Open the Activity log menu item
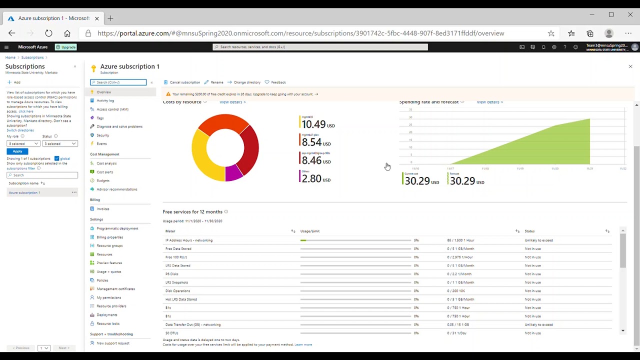(105, 100)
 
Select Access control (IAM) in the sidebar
(112, 109)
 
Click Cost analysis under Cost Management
(106, 163)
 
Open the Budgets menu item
(103, 180)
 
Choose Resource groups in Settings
(109, 246)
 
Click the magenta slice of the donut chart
(233, 173)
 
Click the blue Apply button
(17, 151)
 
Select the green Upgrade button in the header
(66, 47)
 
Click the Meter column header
(170, 231)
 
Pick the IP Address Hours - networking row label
(189, 240)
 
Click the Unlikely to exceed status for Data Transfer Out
(538, 324)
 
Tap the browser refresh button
(48, 33)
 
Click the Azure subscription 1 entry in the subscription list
(24, 192)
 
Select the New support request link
(113, 343)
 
